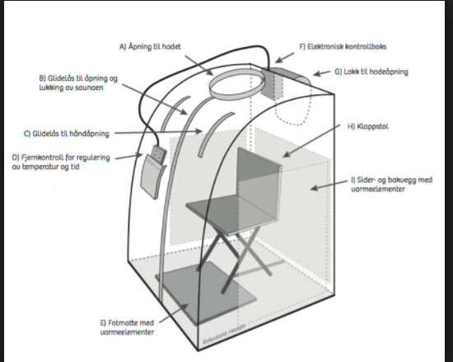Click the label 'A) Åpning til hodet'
coord(150,47)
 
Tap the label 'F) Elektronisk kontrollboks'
coord(343,47)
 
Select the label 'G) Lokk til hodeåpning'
coord(371,72)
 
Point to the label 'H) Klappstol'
coord(368,127)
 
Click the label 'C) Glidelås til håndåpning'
coord(67,134)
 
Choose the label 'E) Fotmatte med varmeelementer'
coord(127,327)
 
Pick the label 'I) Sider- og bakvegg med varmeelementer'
coord(392,184)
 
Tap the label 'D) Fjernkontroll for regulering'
coord(61,157)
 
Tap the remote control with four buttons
coord(159,154)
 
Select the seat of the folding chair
coord(228,213)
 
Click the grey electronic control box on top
coord(273,83)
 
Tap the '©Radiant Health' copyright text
coord(224,333)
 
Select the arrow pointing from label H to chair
coord(311,141)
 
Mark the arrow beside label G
coord(322,73)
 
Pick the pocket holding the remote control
coord(152,176)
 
